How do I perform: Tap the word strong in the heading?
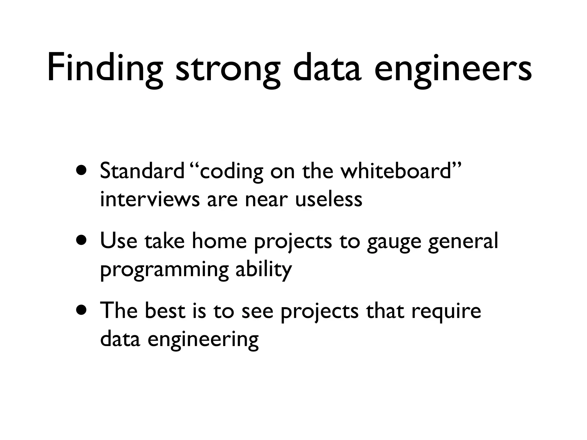click(228, 70)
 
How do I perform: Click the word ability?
click(264, 269)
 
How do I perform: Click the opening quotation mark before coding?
click(194, 166)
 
